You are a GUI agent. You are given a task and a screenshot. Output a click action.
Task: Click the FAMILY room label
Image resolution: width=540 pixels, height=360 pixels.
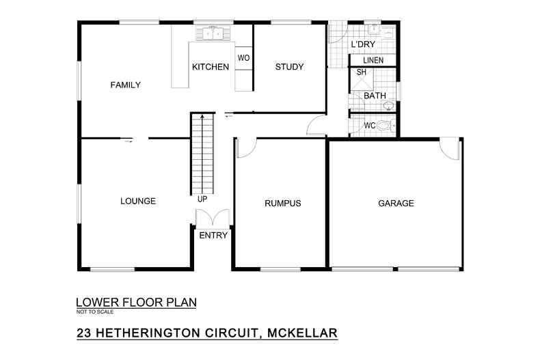pos(125,85)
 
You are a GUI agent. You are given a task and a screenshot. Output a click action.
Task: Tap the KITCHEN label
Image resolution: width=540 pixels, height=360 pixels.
pos(210,67)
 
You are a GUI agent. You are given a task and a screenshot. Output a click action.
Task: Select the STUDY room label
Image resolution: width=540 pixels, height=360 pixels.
pos(289,66)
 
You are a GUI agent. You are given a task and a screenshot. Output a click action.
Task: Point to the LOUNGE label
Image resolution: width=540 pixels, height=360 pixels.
pos(138,201)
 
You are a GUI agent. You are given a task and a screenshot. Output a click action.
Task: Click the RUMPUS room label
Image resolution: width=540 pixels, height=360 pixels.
pos(282,204)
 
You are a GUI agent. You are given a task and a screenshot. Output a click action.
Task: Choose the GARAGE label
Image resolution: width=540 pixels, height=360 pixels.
pos(396,204)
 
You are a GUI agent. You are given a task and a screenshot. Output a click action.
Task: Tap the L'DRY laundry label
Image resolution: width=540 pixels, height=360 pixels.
pos(362,45)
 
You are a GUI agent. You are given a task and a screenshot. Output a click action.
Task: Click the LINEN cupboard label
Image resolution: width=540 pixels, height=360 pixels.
pos(373,61)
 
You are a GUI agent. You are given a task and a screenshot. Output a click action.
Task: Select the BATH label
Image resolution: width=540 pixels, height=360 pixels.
pos(374,96)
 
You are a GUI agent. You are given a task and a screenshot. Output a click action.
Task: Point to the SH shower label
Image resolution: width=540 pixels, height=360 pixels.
pos(361,72)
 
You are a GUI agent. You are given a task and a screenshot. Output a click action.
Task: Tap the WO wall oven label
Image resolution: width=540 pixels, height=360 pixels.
pos(243,58)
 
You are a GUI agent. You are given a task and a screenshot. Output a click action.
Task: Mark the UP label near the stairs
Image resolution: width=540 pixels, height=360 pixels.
pos(202,199)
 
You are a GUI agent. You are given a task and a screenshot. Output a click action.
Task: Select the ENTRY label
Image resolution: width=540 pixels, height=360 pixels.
pos(213,236)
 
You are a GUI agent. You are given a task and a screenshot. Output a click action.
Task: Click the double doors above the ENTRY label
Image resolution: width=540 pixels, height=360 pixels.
pos(213,219)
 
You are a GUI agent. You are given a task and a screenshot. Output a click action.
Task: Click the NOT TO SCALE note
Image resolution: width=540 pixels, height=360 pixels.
pos(96,311)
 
